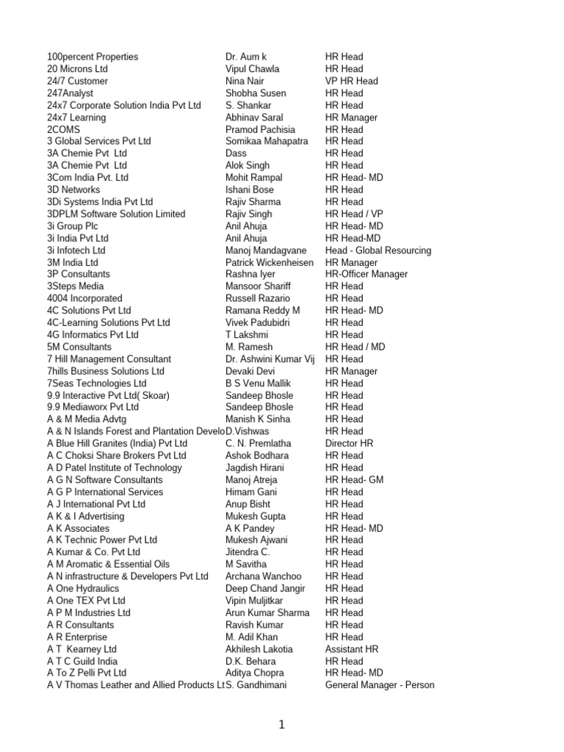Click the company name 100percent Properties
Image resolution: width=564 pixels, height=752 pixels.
click(x=93, y=57)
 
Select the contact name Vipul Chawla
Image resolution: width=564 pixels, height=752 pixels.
click(x=253, y=69)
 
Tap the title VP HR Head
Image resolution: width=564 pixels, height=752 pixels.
click(x=352, y=81)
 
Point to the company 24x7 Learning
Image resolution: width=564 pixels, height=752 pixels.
click(x=76, y=117)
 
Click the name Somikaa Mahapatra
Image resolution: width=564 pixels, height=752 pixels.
click(x=267, y=141)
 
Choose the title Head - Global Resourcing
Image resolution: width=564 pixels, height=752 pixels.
click(x=378, y=250)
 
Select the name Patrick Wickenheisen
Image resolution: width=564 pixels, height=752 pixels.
click(x=270, y=262)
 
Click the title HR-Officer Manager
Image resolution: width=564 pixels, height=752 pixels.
click(x=366, y=274)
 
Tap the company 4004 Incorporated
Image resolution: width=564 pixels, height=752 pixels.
click(x=84, y=298)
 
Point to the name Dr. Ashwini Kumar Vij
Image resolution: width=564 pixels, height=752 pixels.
click(x=271, y=359)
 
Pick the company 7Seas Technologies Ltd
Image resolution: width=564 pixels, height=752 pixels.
click(x=97, y=383)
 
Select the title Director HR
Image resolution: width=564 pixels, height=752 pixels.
click(x=350, y=444)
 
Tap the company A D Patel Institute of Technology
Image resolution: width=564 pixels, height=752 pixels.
click(x=115, y=468)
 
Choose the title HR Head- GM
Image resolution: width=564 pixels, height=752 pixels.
click(x=355, y=480)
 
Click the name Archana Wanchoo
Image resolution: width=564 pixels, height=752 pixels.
click(x=264, y=576)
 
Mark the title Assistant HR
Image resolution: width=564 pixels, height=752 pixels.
click(x=352, y=649)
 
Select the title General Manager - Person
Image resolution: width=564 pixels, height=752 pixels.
click(x=380, y=685)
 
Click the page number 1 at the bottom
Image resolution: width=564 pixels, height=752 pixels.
click(x=281, y=725)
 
